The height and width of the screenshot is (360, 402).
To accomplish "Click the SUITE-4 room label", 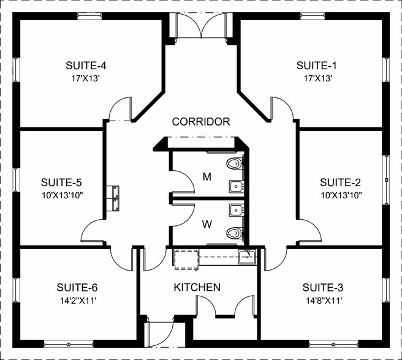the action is click(x=86, y=66).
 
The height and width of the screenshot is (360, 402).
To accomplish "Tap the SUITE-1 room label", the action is click(x=316, y=66).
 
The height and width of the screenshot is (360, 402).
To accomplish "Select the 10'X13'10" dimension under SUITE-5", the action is click(x=63, y=195).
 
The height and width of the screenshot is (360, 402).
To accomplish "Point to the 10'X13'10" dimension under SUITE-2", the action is click(x=341, y=195).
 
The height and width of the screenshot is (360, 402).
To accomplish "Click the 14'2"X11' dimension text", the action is click(x=78, y=300).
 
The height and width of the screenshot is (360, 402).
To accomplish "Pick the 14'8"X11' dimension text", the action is click(x=324, y=300).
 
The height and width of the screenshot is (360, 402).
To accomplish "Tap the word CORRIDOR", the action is click(x=201, y=122).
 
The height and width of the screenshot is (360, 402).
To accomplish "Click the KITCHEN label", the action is click(x=197, y=287).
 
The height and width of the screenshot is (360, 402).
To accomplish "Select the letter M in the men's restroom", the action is click(x=207, y=176).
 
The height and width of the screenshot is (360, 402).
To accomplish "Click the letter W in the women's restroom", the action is click(x=207, y=224).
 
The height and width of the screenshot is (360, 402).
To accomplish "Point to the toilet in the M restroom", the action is click(x=235, y=163).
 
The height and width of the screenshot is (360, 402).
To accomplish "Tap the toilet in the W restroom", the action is click(x=235, y=233).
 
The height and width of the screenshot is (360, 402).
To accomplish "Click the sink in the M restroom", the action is click(x=237, y=186).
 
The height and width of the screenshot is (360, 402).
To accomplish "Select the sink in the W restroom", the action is click(x=237, y=211).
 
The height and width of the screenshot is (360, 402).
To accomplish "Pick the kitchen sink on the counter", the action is click(x=247, y=257).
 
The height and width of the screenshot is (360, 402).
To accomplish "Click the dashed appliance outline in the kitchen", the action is click(x=186, y=259).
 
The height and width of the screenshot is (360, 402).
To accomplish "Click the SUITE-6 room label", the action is click(x=77, y=288).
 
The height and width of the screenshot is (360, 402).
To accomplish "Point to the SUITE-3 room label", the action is click(x=323, y=288).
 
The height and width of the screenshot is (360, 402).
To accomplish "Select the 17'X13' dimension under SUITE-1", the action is click(x=318, y=78).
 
